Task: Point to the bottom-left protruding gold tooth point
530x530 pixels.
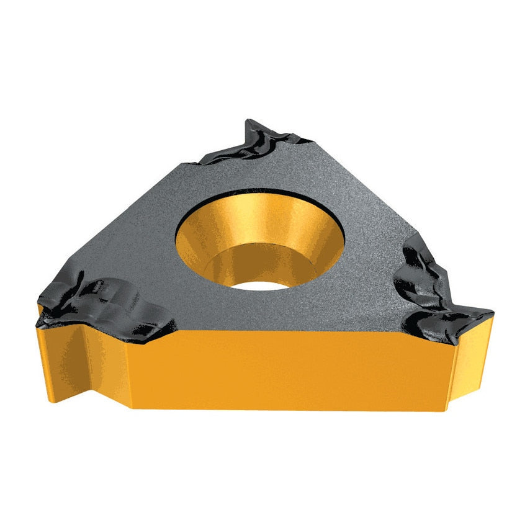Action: click(53, 400)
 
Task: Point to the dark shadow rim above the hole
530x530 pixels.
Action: click(261, 192)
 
